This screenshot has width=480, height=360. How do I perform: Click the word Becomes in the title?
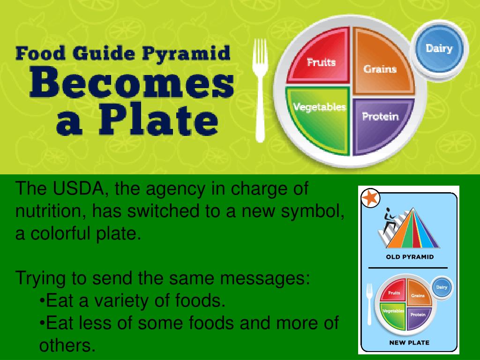coord(132,84)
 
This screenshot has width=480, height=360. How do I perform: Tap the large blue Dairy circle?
coord(439,48)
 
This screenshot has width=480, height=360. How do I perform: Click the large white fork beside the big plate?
coord(260,89)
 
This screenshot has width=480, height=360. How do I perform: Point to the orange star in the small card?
coord(370,198)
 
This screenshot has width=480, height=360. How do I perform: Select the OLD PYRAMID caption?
coord(409,257)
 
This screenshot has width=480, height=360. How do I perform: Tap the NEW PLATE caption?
coord(409,343)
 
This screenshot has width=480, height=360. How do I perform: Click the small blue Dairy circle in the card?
coord(441,287)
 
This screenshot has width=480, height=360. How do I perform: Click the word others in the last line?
coord(67,345)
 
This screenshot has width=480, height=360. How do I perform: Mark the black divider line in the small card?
coord(408,268)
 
